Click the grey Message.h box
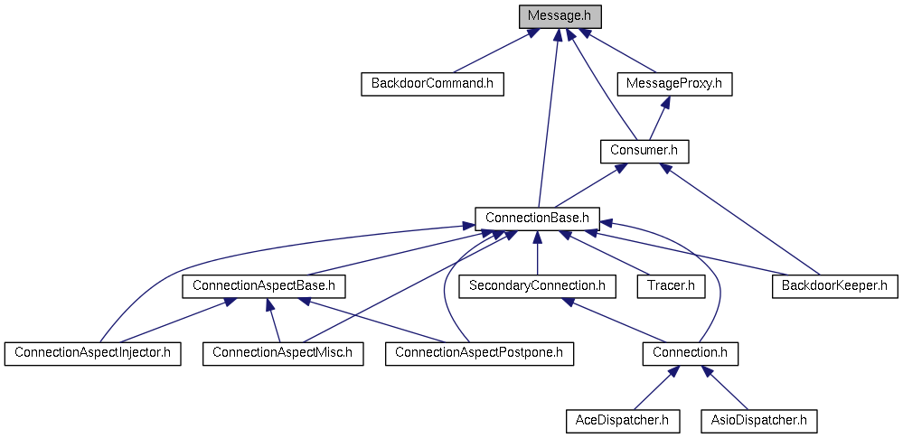560,16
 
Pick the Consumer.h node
644,152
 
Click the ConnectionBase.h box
537,219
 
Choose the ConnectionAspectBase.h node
263,286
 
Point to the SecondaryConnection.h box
537,286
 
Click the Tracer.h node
671,286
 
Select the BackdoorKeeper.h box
834,286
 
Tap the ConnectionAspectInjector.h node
93,353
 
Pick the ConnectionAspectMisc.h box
283,353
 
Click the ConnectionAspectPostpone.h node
480,353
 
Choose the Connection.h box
690,353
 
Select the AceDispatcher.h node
622,421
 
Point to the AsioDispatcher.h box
758,421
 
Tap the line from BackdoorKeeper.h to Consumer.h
740,219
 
